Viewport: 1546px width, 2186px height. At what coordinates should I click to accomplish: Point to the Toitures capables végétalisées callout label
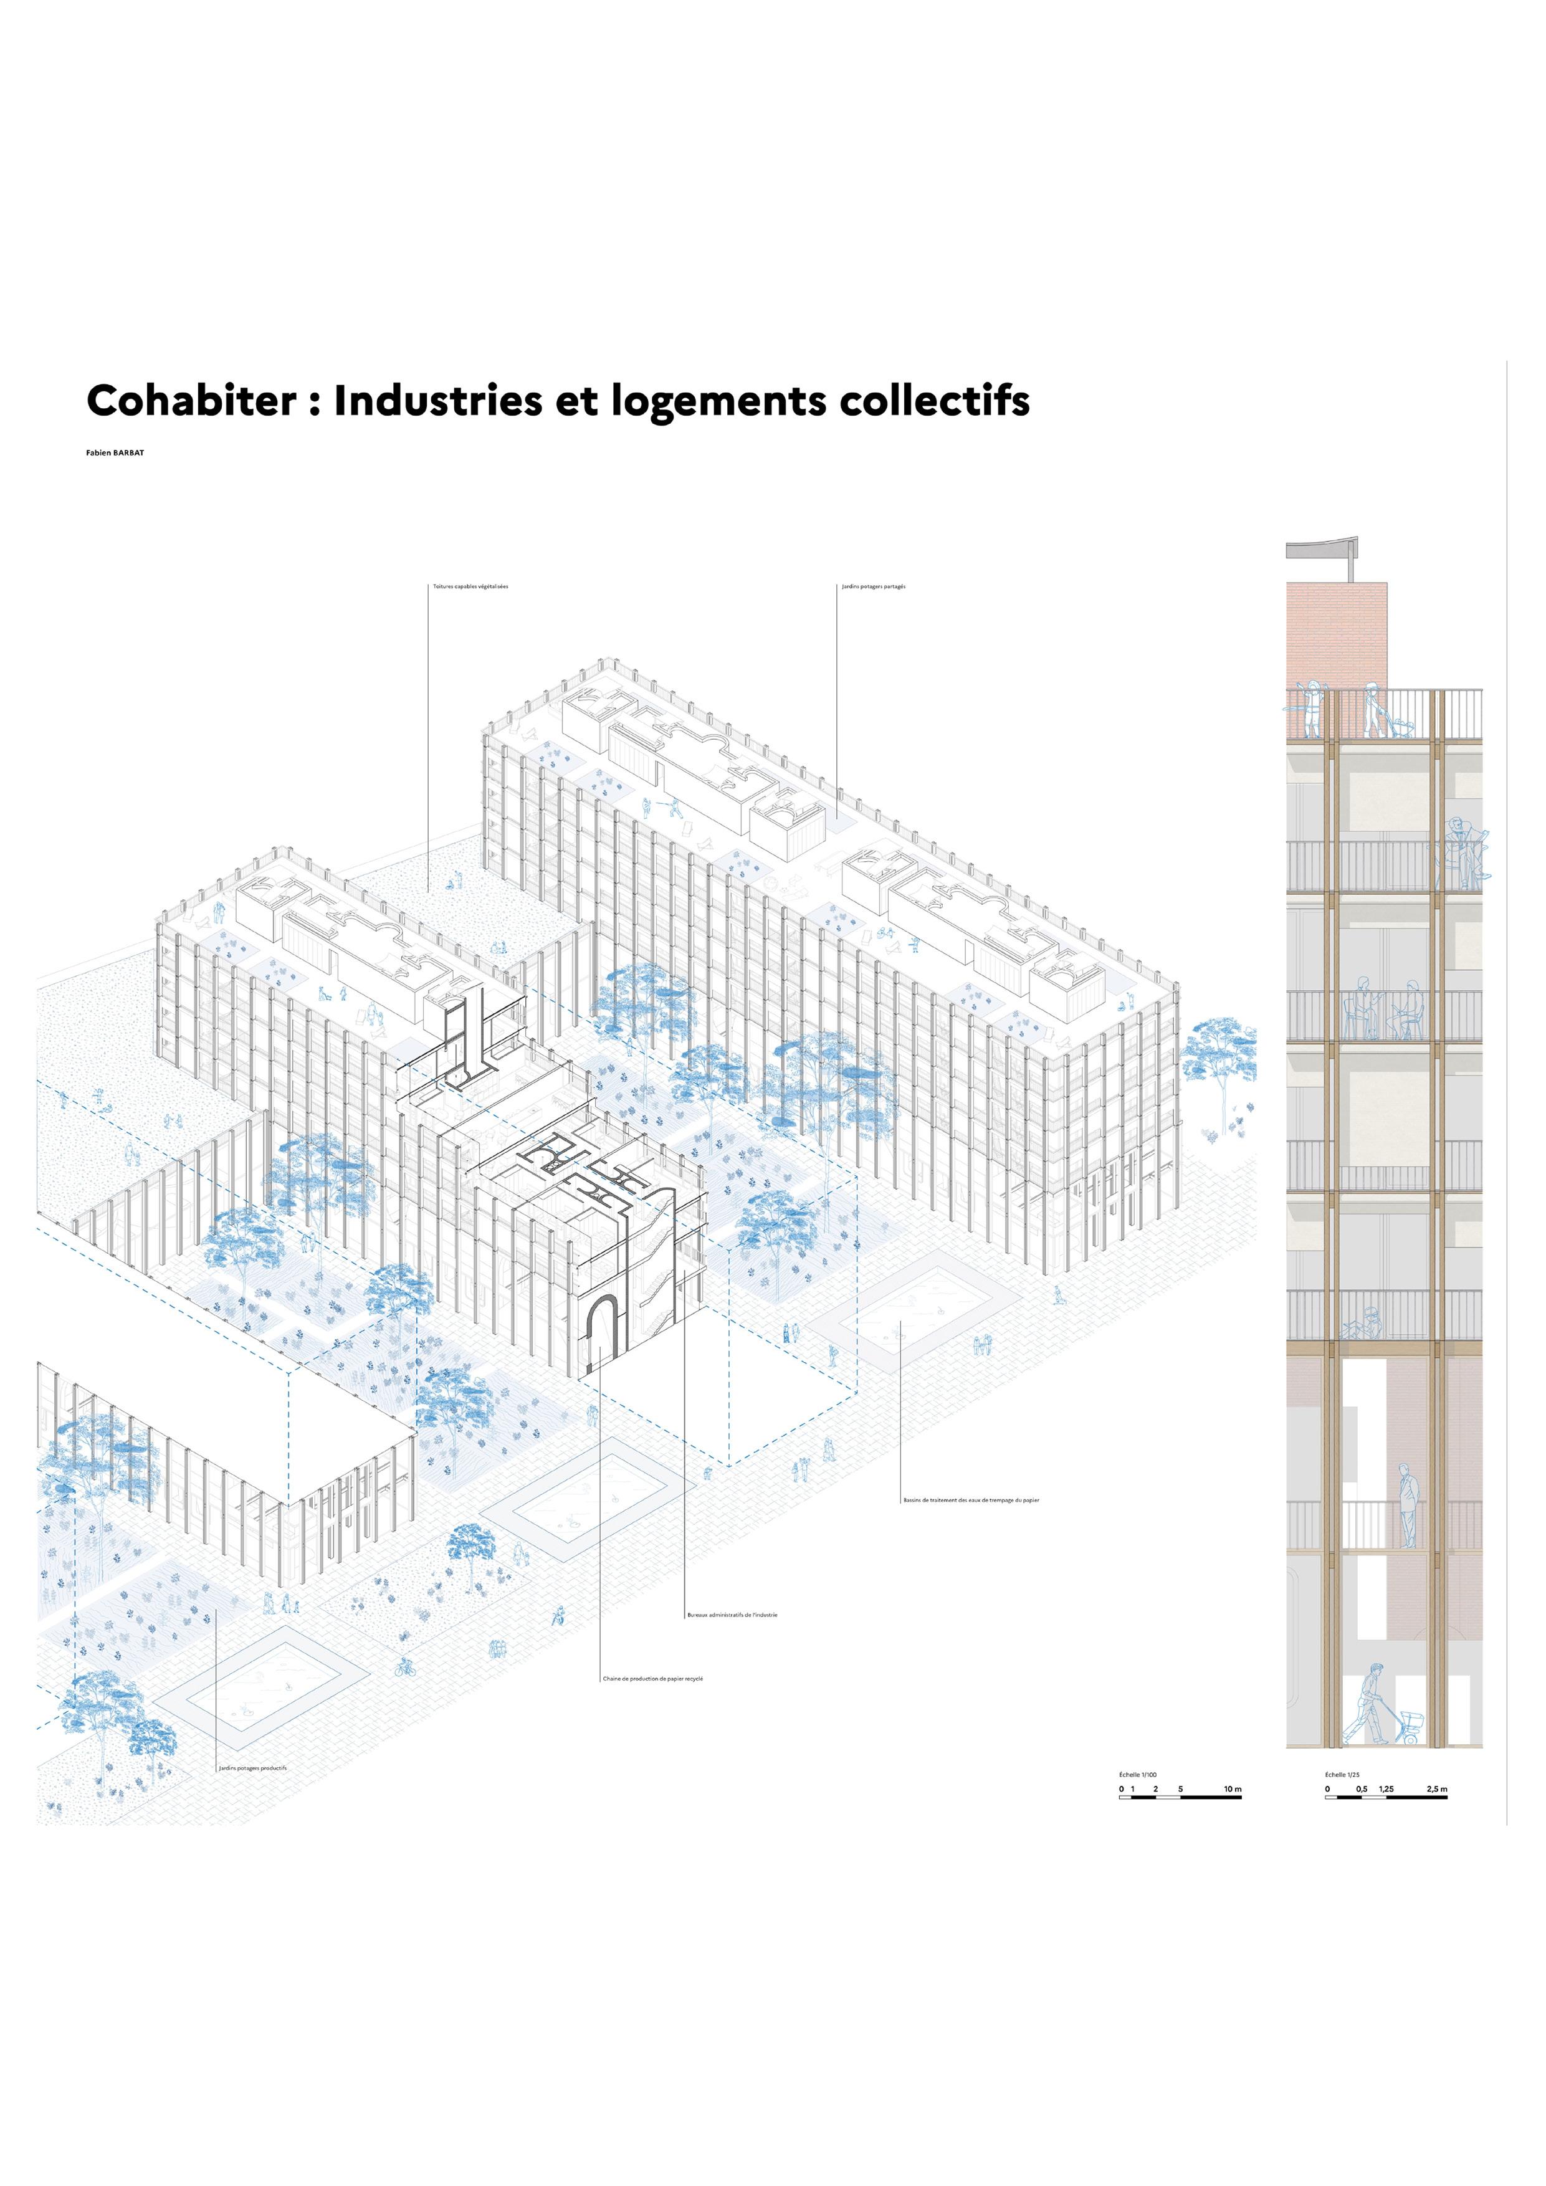coord(470,586)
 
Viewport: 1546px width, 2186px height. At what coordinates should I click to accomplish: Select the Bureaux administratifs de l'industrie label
coord(732,1615)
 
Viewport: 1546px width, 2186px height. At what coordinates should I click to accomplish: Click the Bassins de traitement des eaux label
coord(971,1501)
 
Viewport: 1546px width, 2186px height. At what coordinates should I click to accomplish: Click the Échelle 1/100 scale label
coord(1138,1775)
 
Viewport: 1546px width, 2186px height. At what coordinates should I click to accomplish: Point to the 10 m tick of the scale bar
coord(1233,1789)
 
